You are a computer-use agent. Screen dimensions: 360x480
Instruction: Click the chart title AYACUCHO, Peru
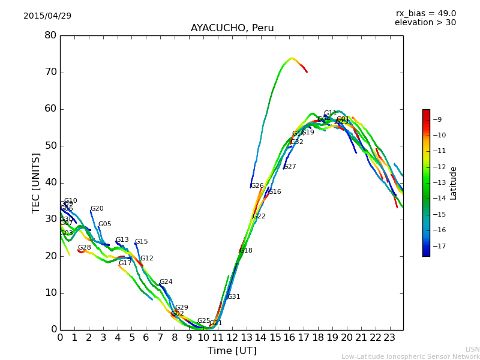click(232, 28)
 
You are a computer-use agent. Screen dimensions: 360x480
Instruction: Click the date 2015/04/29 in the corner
click(47, 16)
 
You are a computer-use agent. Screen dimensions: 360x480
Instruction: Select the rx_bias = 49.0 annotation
click(425, 13)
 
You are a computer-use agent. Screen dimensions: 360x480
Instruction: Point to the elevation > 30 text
click(425, 23)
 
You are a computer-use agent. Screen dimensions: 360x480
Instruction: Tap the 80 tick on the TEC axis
click(50, 35)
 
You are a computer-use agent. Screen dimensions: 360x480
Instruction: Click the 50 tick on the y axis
click(50, 146)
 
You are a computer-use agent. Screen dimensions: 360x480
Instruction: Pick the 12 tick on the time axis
click(232, 338)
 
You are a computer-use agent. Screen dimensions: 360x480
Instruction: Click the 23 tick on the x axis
click(389, 338)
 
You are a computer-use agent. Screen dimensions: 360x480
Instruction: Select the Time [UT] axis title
click(232, 351)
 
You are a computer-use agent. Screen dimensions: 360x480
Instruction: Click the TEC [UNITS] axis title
click(36, 182)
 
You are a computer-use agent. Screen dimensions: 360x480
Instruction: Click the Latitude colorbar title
click(454, 182)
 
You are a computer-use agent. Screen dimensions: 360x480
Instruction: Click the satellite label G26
click(257, 186)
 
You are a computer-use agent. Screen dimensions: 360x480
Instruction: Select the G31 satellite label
click(233, 297)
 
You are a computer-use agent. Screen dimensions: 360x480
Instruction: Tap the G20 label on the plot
click(97, 209)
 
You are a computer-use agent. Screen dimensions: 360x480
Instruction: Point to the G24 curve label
click(166, 282)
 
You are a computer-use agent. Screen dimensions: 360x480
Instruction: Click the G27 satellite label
click(290, 167)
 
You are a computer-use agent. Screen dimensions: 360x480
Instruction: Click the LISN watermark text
click(473, 349)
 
